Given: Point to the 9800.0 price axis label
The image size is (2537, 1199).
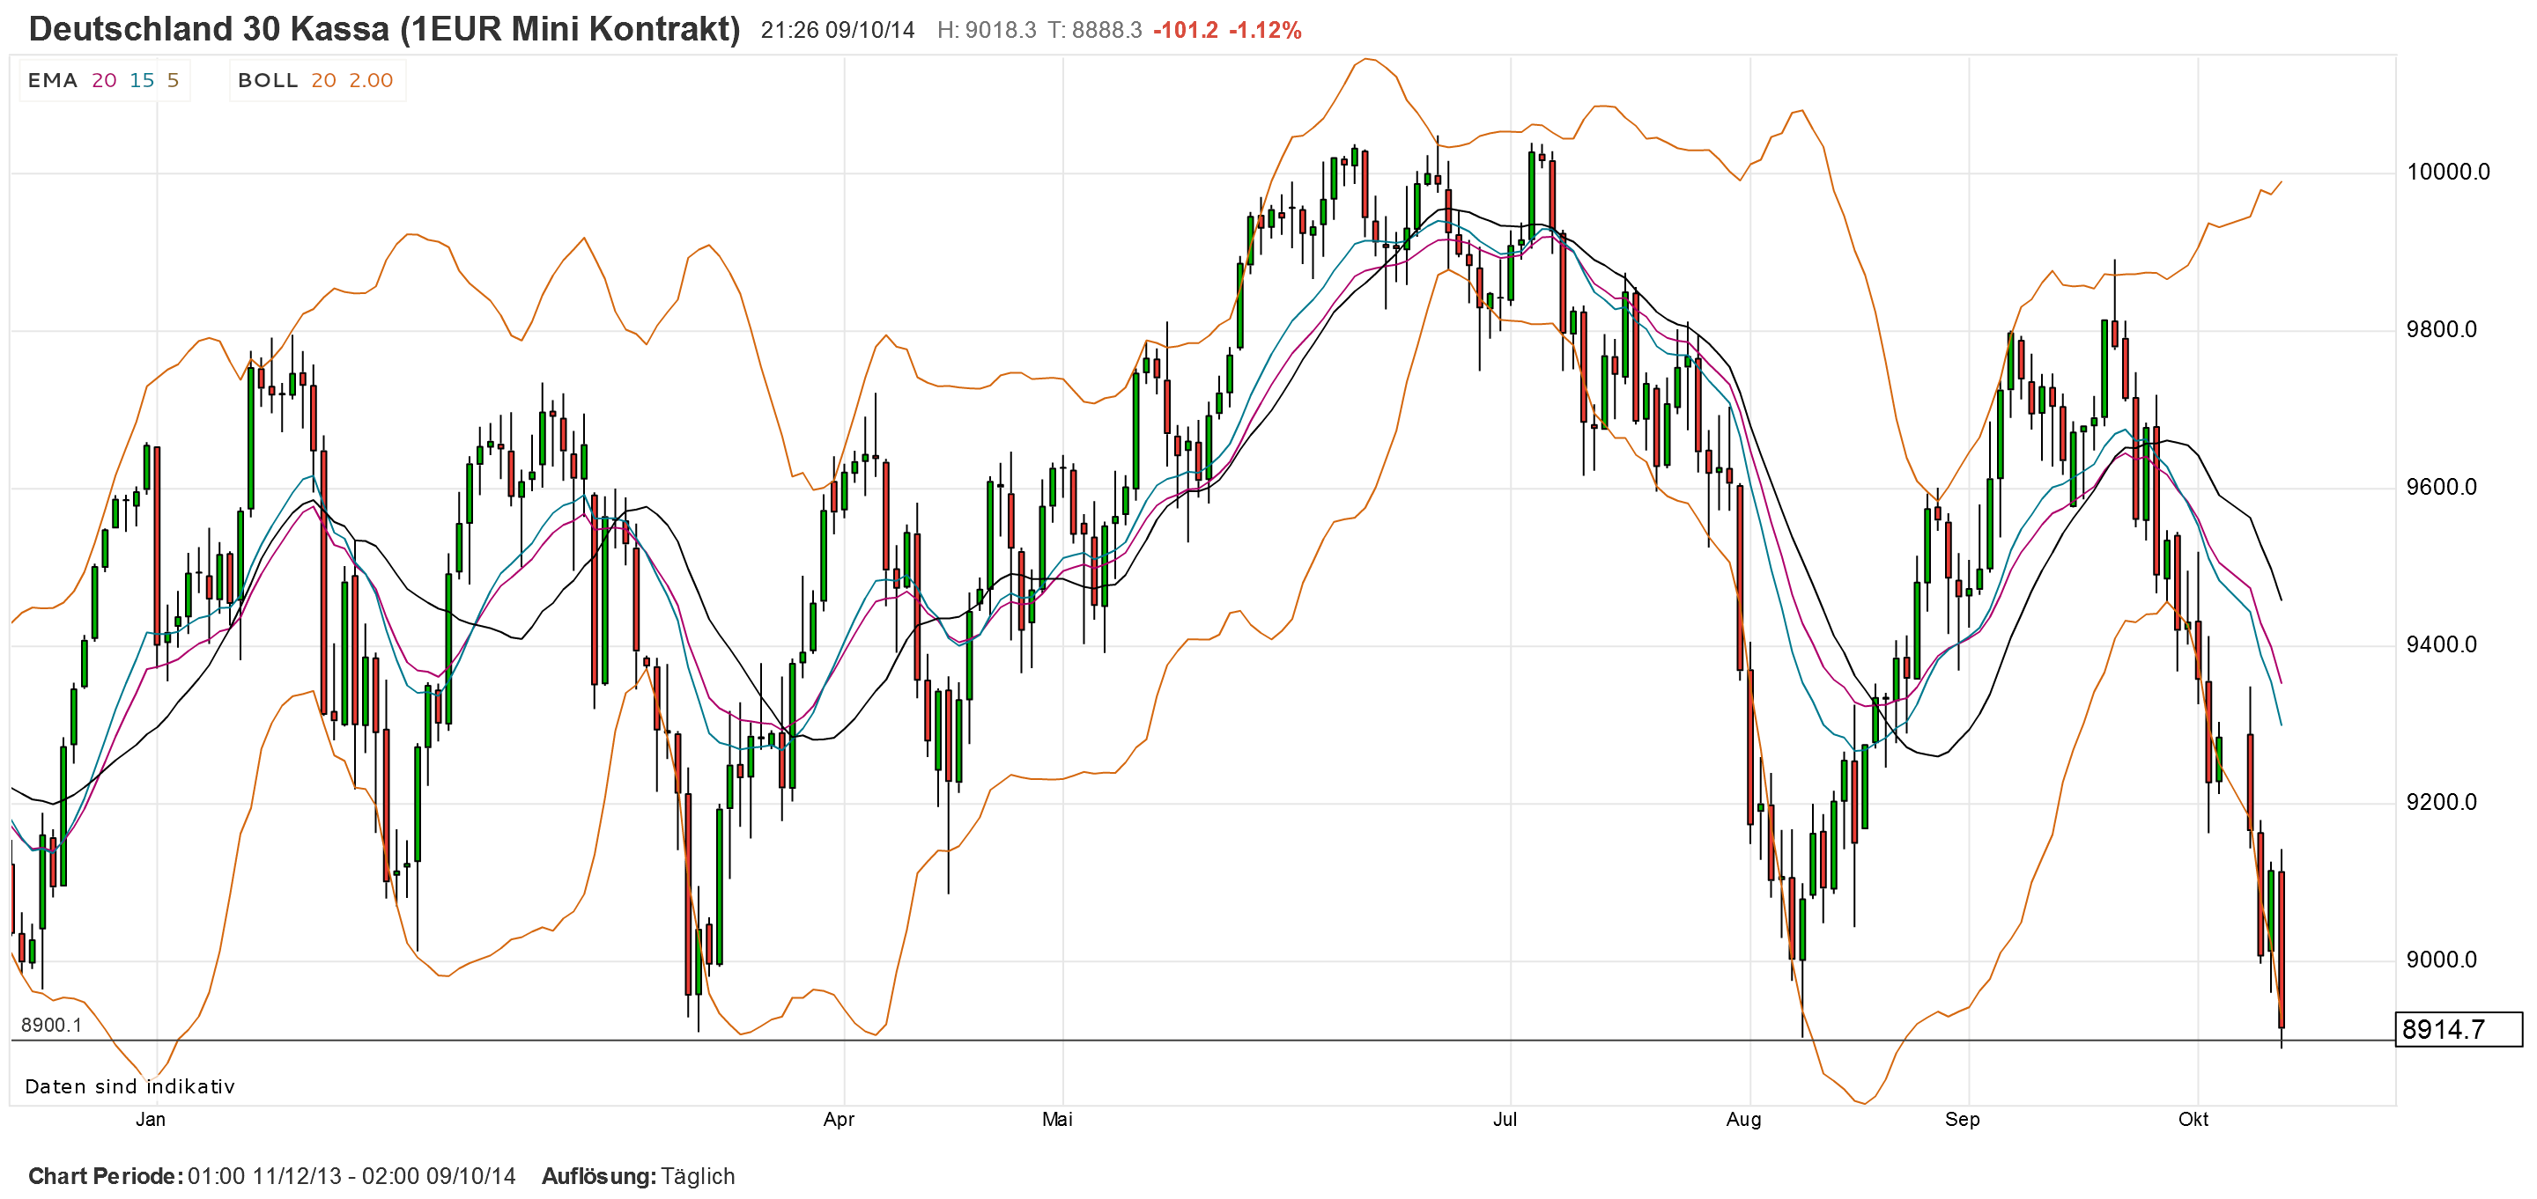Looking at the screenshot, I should pyautogui.click(x=2440, y=330).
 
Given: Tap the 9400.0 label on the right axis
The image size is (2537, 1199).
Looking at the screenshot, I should pyautogui.click(x=2440, y=644).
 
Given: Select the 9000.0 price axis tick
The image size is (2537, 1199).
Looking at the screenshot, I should pyautogui.click(x=2440, y=960).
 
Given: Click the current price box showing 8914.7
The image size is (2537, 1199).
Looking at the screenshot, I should pyautogui.click(x=2457, y=1030).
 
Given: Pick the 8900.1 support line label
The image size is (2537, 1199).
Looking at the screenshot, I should pyautogui.click(x=51, y=1025).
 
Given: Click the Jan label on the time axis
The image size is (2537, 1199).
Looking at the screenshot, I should pyautogui.click(x=150, y=1119).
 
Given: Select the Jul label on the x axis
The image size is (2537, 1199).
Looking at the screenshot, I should pyautogui.click(x=1504, y=1119).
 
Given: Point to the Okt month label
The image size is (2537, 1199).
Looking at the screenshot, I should pyautogui.click(x=2193, y=1119).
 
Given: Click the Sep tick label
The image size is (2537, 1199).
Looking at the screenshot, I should pyautogui.click(x=1962, y=1119).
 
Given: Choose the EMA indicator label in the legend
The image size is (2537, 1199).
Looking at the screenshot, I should pyautogui.click(x=52, y=81).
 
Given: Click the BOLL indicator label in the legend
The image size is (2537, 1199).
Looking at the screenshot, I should pyautogui.click(x=268, y=81).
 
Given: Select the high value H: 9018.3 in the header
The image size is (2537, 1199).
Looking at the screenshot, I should pyautogui.click(x=986, y=31).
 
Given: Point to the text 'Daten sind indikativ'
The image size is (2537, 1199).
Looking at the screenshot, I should pyautogui.click(x=130, y=1087).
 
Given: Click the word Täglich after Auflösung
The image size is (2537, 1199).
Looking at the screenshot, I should pyautogui.click(x=698, y=1176).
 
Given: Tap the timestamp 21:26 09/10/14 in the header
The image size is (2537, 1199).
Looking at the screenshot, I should pyautogui.click(x=837, y=31).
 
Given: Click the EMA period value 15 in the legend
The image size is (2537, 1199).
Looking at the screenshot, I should pyautogui.click(x=142, y=81).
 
